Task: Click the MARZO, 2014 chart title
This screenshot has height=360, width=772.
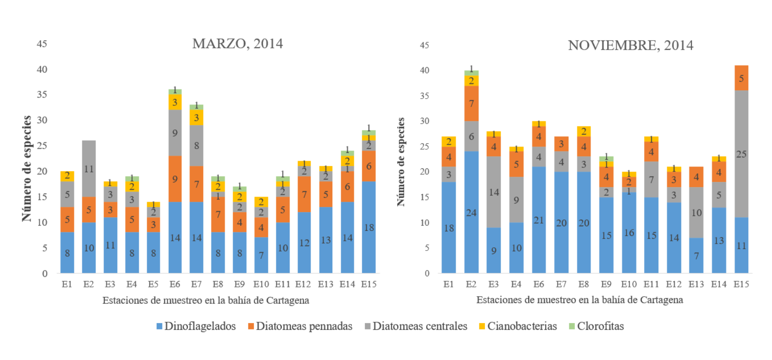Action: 237,44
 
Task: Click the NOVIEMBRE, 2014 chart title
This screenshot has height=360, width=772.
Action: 630,46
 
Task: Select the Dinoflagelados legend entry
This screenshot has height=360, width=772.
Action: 196,326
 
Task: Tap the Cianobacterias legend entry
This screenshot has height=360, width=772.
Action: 518,326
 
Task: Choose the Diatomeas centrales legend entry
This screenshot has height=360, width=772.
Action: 416,326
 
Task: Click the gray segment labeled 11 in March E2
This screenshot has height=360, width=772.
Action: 89,169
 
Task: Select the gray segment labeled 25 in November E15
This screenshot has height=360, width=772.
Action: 741,154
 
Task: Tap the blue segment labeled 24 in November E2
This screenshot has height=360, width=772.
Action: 471,212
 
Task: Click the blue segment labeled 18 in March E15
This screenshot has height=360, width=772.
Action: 369,227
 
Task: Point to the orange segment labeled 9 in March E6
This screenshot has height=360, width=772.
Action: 175,179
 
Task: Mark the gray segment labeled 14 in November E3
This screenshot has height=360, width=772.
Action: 494,192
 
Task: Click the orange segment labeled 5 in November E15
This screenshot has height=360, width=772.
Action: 741,78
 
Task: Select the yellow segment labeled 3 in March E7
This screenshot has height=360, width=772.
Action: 196,117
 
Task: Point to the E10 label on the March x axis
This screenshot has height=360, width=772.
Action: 261,284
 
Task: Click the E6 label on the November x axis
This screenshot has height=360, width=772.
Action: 539,284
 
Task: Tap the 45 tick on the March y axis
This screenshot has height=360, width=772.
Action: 42,44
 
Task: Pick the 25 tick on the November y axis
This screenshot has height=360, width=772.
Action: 425,146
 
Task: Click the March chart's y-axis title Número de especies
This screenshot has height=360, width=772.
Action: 27,169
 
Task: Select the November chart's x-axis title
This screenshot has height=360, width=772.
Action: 580,300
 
